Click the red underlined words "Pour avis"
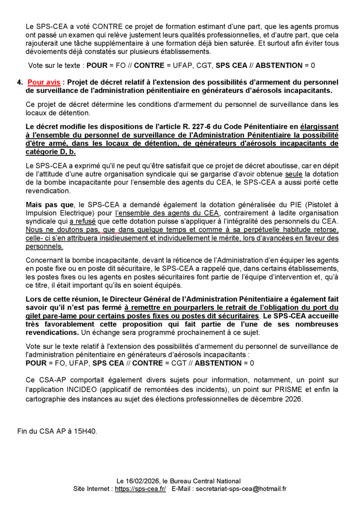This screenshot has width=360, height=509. [45, 82]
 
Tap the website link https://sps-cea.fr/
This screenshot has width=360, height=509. [141, 489]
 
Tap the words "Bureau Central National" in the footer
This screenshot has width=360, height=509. [205, 481]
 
